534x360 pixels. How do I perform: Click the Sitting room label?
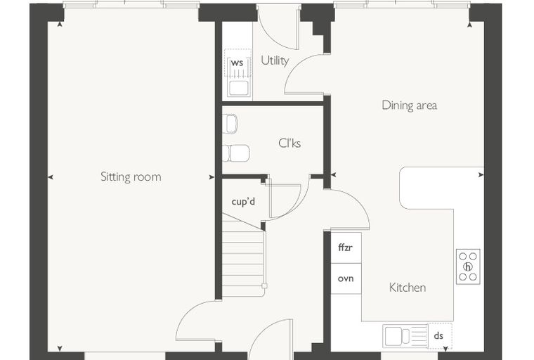coord(131,177)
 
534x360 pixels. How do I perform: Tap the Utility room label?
coord(275,60)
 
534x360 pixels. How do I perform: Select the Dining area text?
coord(410,105)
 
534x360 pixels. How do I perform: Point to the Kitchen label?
coord(408,288)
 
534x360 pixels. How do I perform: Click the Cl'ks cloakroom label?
coord(289,143)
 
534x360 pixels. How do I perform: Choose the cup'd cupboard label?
coord(243,202)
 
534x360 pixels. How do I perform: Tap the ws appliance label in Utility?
coord(237,63)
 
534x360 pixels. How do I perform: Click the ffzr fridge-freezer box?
coord(346,247)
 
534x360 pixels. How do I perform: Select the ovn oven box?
coord(346,278)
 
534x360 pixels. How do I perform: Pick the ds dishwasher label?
coord(438,336)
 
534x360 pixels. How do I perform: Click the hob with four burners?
coord(468,266)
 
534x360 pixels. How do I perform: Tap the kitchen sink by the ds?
coord(405,336)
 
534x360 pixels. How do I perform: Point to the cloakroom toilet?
coord(235,153)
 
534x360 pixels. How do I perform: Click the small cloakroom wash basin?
coord(230,124)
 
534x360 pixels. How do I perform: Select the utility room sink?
coord(237,89)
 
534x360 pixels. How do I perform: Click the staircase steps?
coord(243,258)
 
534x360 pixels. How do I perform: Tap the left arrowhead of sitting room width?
coord(51,177)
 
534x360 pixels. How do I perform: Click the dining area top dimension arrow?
coord(469,24)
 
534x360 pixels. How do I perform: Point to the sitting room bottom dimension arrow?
coord(60,349)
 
